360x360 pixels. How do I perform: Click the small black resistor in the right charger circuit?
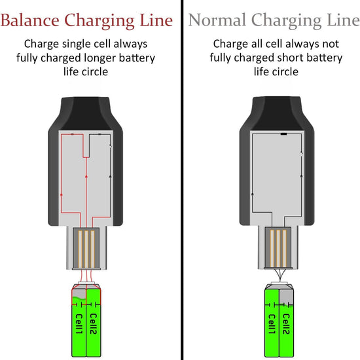(283, 134)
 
